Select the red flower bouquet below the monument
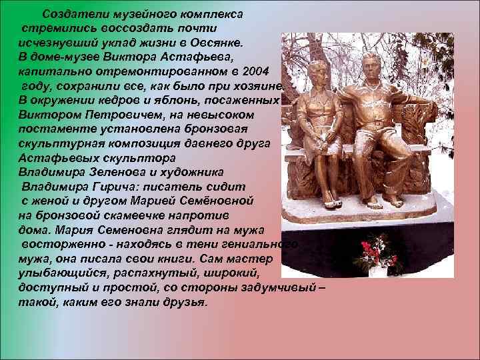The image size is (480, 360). tap(377, 252)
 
